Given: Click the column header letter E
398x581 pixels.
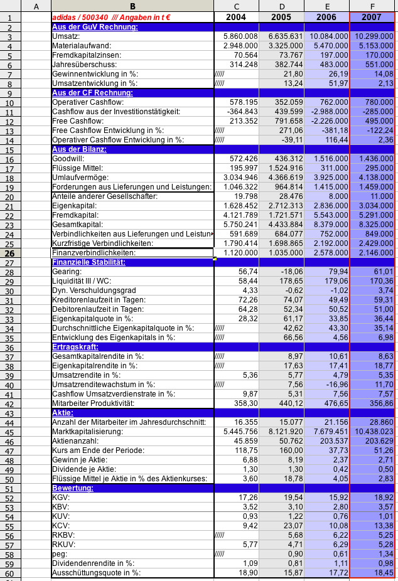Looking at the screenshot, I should [326, 6].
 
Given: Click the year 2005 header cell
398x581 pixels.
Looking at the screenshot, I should [281, 17].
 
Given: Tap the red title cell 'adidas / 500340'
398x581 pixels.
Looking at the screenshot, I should [112, 17].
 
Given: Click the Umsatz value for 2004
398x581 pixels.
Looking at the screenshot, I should [236, 36].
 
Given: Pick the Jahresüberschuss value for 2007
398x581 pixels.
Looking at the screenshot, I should [374, 65].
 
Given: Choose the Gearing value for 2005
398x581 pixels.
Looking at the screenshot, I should [281, 271].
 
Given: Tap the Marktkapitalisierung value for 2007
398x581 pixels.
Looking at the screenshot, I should [374, 432].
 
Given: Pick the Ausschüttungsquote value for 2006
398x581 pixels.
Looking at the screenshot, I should [326, 573].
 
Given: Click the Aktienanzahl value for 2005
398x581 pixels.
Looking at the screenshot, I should [281, 441].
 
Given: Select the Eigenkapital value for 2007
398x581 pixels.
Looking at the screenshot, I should [374, 205].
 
